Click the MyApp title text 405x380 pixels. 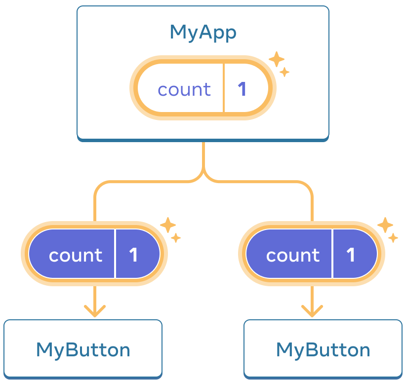(x=202, y=33)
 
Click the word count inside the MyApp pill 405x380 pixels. (x=184, y=90)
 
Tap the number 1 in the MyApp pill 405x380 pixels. (x=242, y=89)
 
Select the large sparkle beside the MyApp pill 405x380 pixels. (x=276, y=60)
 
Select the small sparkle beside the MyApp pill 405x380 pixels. (x=284, y=72)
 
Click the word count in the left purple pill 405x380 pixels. (x=75, y=255)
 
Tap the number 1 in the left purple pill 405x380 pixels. (x=133, y=255)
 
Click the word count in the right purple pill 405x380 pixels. (x=292, y=255)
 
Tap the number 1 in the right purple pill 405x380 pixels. (x=351, y=255)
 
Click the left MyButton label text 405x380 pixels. (x=83, y=350)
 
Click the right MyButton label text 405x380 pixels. (x=323, y=350)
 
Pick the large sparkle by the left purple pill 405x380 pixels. (x=167, y=226)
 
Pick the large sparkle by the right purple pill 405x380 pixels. (x=385, y=226)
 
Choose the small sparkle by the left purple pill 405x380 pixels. (x=176, y=238)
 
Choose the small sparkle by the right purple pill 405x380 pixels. (x=393, y=238)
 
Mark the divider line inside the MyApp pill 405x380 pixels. (x=224, y=89)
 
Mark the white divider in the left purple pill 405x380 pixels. (x=115, y=254)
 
